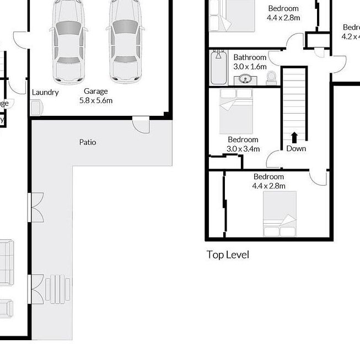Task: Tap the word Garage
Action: click(95, 92)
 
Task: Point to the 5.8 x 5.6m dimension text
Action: click(96, 100)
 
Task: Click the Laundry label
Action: click(45, 92)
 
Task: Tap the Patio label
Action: click(87, 142)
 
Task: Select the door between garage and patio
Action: click(141, 125)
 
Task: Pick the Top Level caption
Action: click(228, 255)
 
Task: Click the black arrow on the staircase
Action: click(294, 137)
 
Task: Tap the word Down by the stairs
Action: click(296, 148)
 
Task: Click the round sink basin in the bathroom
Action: click(246, 79)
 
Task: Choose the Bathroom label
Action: click(250, 57)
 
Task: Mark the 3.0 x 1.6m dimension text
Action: click(250, 67)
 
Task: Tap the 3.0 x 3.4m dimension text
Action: click(243, 149)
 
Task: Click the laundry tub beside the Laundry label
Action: click(36, 108)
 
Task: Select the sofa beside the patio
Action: click(7, 262)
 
